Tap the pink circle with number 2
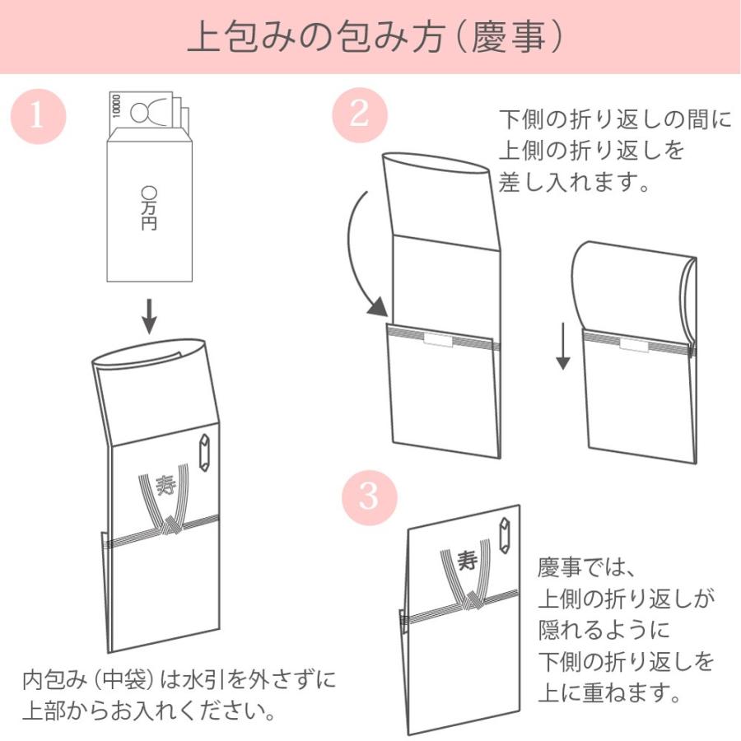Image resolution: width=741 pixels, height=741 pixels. (359, 114)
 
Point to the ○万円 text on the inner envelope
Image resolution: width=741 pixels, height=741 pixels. (149, 207)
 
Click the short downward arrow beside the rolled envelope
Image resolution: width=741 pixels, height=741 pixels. (562, 346)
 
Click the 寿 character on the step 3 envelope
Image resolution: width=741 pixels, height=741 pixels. (468, 562)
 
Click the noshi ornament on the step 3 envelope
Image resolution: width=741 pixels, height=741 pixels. (504, 537)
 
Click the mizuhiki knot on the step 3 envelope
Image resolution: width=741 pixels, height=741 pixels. (472, 602)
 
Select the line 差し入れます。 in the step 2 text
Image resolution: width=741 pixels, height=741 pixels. (575, 181)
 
